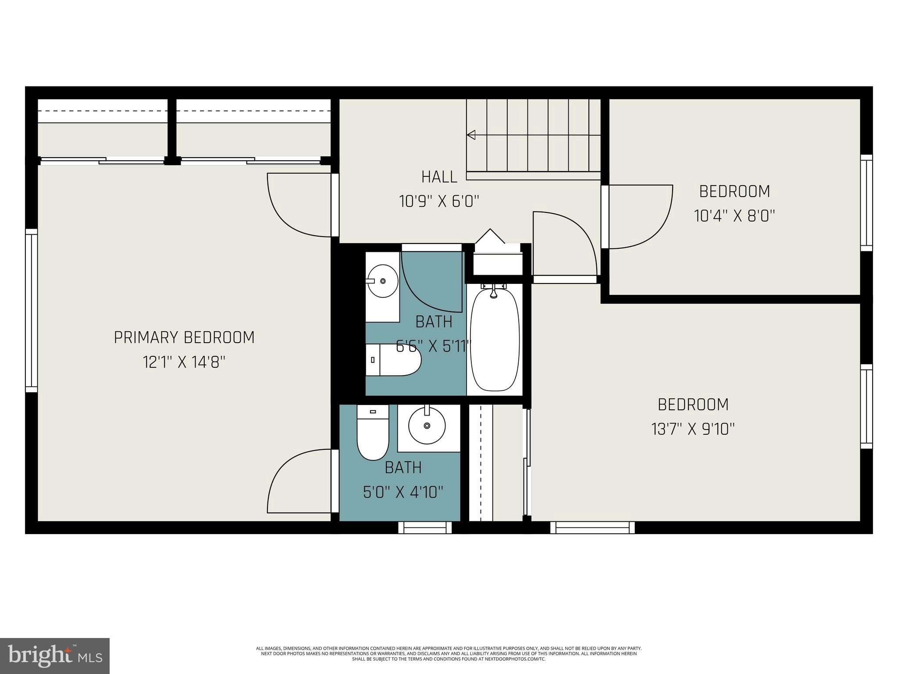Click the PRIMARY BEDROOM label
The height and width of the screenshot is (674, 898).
click(184, 337)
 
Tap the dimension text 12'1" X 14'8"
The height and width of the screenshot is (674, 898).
click(184, 362)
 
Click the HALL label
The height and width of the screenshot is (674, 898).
click(439, 177)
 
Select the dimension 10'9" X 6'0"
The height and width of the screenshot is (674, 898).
click(439, 202)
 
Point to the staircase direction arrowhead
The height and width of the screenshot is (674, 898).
click(471, 135)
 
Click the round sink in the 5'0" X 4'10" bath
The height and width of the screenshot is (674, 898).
click(427, 426)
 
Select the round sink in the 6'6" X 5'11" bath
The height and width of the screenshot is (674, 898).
click(382, 281)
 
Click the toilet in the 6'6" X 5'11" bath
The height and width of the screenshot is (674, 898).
click(393, 360)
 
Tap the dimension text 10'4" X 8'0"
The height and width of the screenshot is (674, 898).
click(734, 216)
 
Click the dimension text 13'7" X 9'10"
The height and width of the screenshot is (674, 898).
click(693, 429)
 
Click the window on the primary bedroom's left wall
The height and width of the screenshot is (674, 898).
click(31, 310)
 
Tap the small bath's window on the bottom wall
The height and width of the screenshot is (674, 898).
click(424, 527)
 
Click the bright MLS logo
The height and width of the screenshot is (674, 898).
click(54, 656)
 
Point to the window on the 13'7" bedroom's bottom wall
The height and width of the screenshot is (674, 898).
click(592, 527)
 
